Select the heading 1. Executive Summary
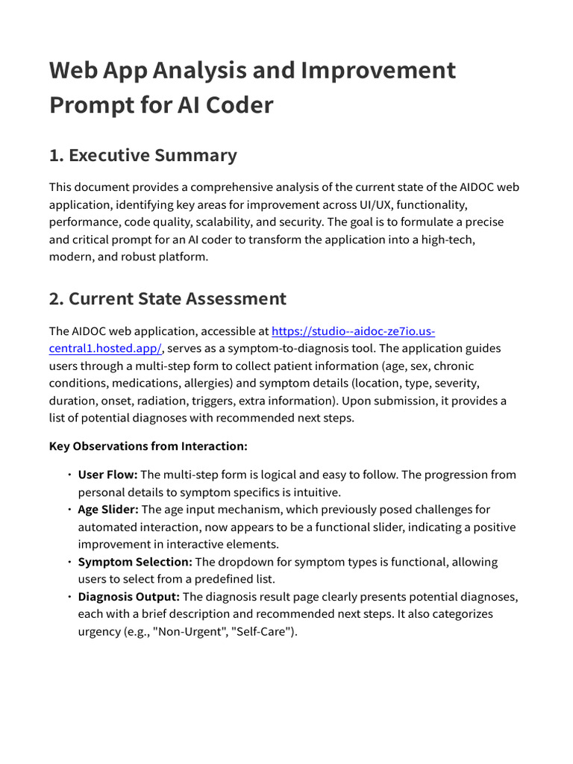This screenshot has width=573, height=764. point(143,155)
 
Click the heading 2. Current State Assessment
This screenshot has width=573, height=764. point(168,299)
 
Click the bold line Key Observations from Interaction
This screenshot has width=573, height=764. point(148,446)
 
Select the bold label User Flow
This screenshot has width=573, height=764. point(107,475)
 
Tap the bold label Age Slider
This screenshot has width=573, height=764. point(108,510)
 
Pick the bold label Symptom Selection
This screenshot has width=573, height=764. point(135,562)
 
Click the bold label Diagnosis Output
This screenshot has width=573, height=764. point(129,597)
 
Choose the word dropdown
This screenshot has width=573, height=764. point(231,562)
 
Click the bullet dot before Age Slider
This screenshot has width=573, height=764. point(69,510)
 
